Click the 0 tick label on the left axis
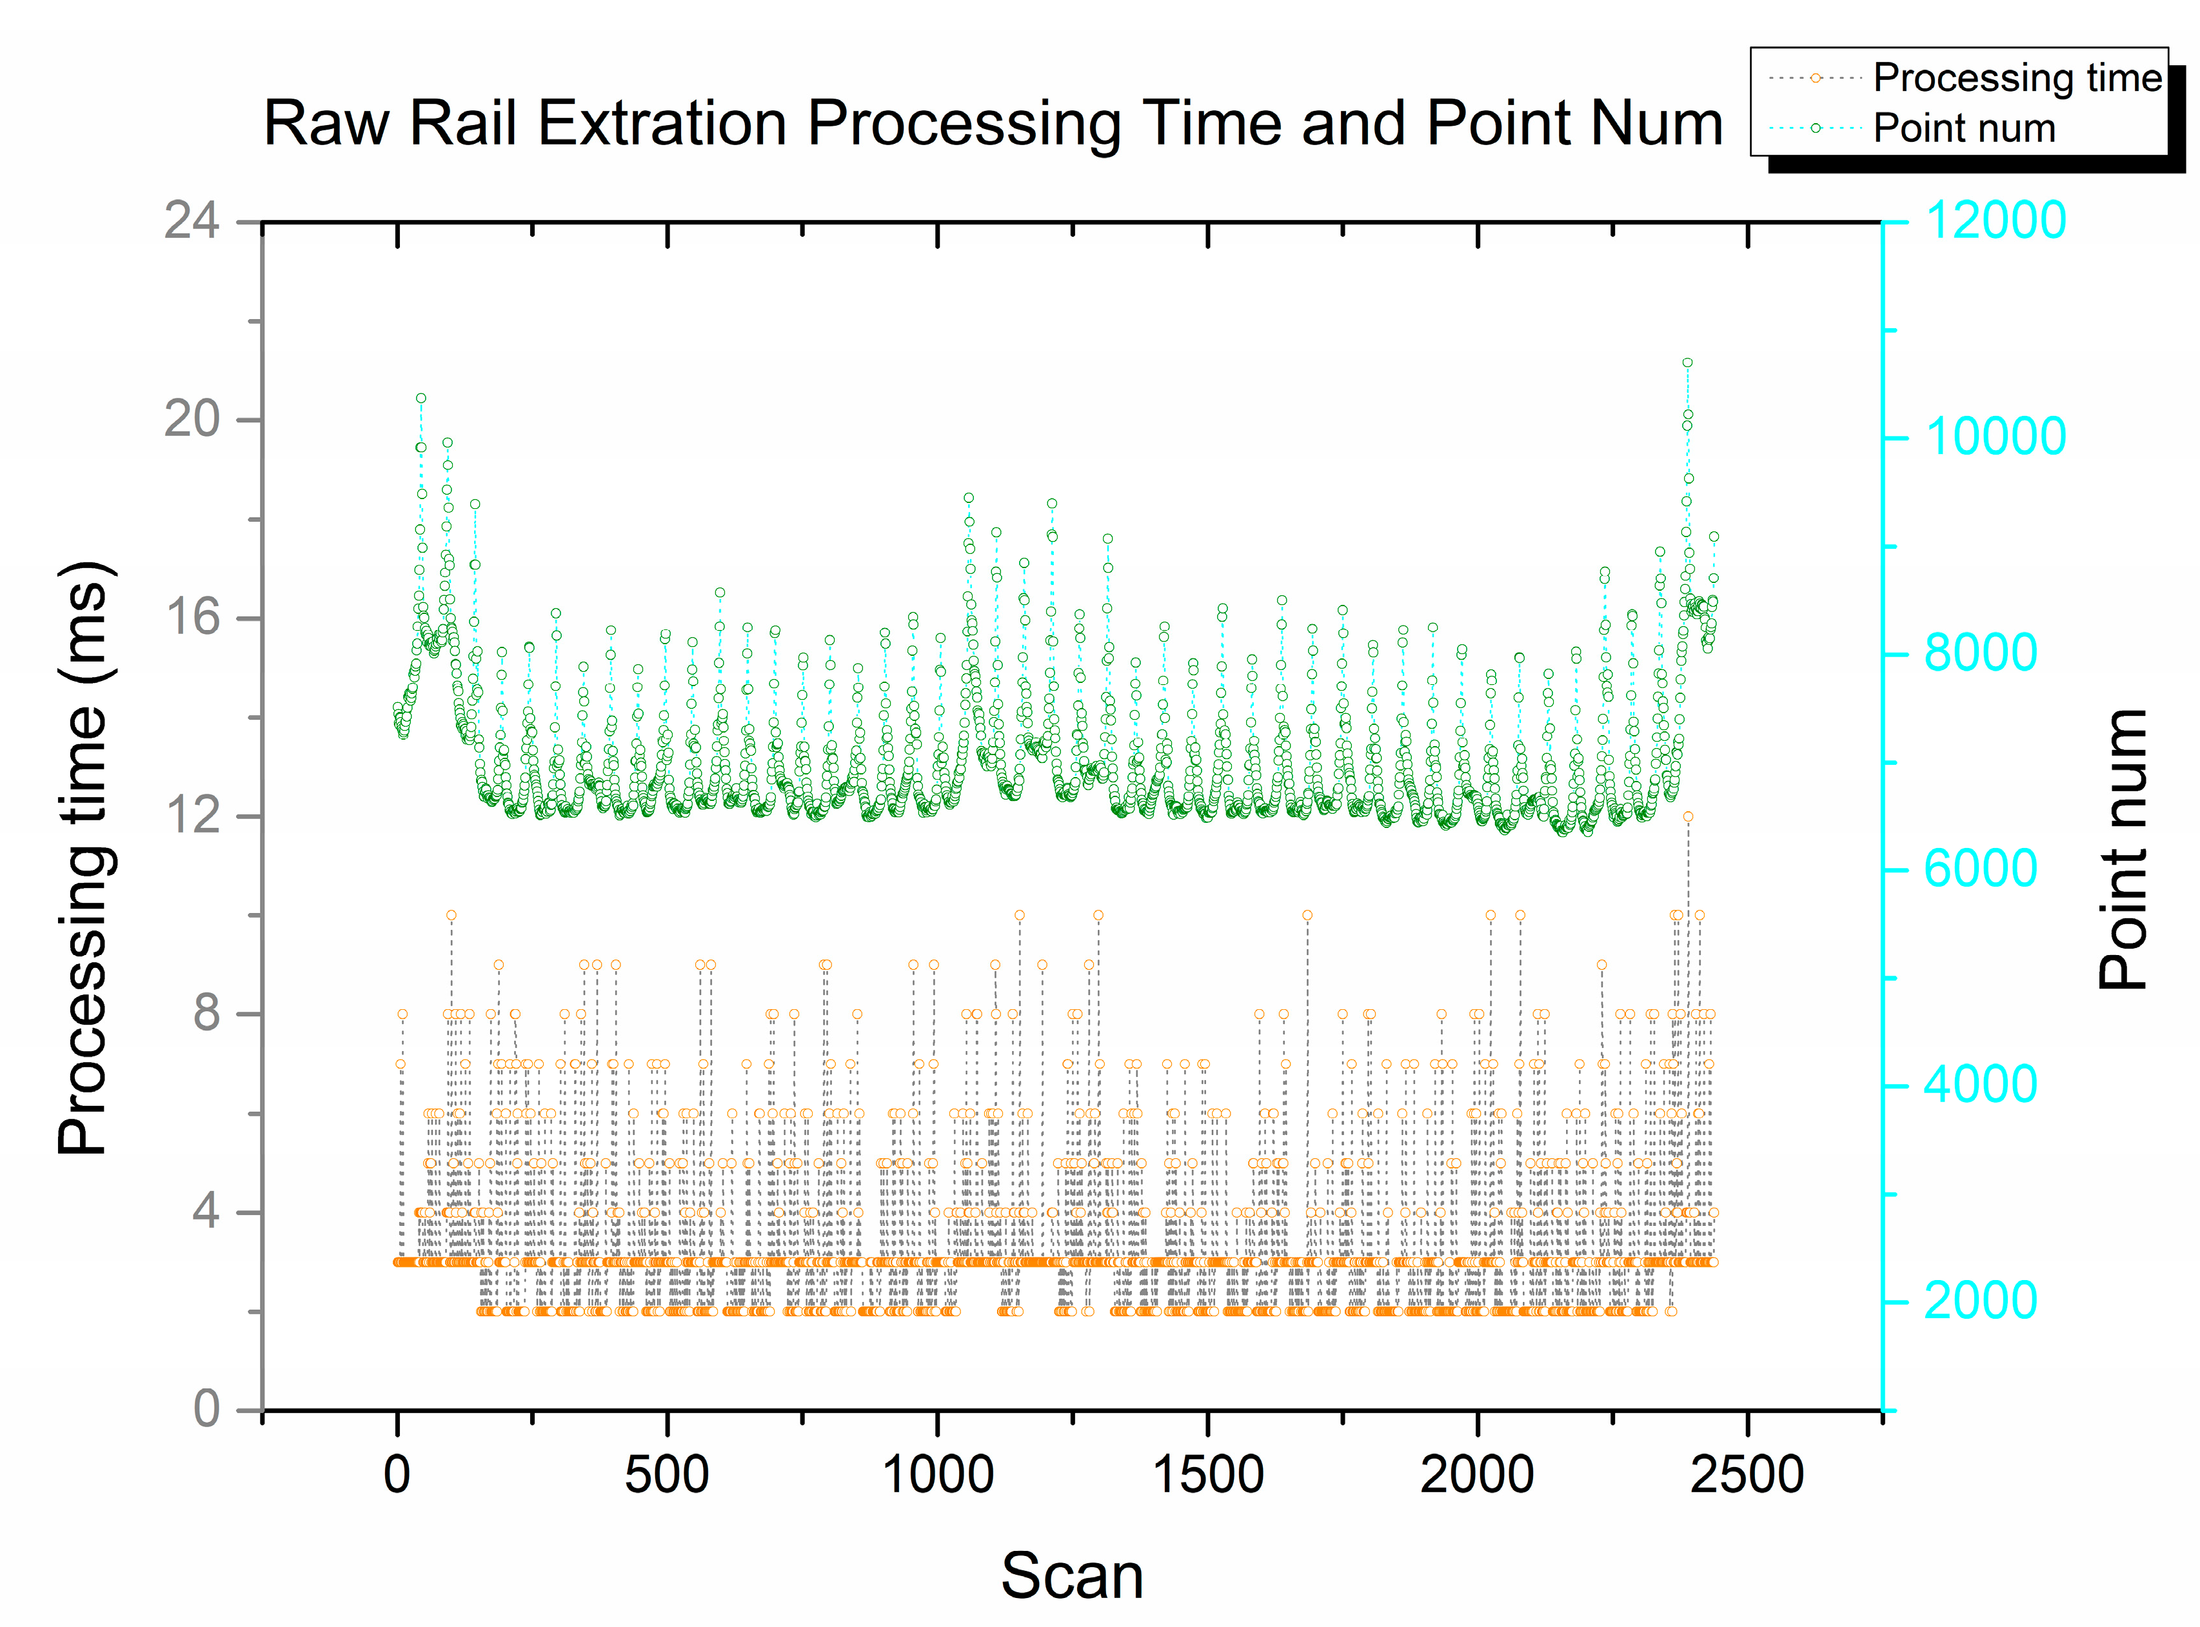click(207, 1409)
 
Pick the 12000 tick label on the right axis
click(1994, 220)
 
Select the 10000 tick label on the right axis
click(1994, 437)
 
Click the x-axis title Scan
click(1071, 1576)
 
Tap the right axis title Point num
click(2122, 849)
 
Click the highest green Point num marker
click(1687, 362)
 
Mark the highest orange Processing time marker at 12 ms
click(1688, 816)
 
